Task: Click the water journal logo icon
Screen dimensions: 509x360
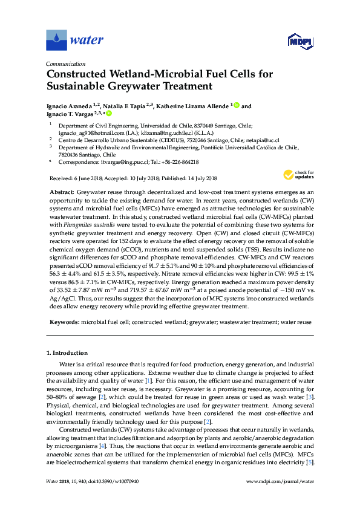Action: tap(56, 41)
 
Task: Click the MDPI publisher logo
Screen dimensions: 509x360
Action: tap(298, 41)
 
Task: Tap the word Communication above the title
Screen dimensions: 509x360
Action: tap(65, 63)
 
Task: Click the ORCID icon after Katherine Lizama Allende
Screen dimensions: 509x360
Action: tap(237, 105)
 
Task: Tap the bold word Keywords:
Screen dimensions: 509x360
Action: tap(65, 322)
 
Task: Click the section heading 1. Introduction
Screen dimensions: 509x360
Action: tap(70, 352)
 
